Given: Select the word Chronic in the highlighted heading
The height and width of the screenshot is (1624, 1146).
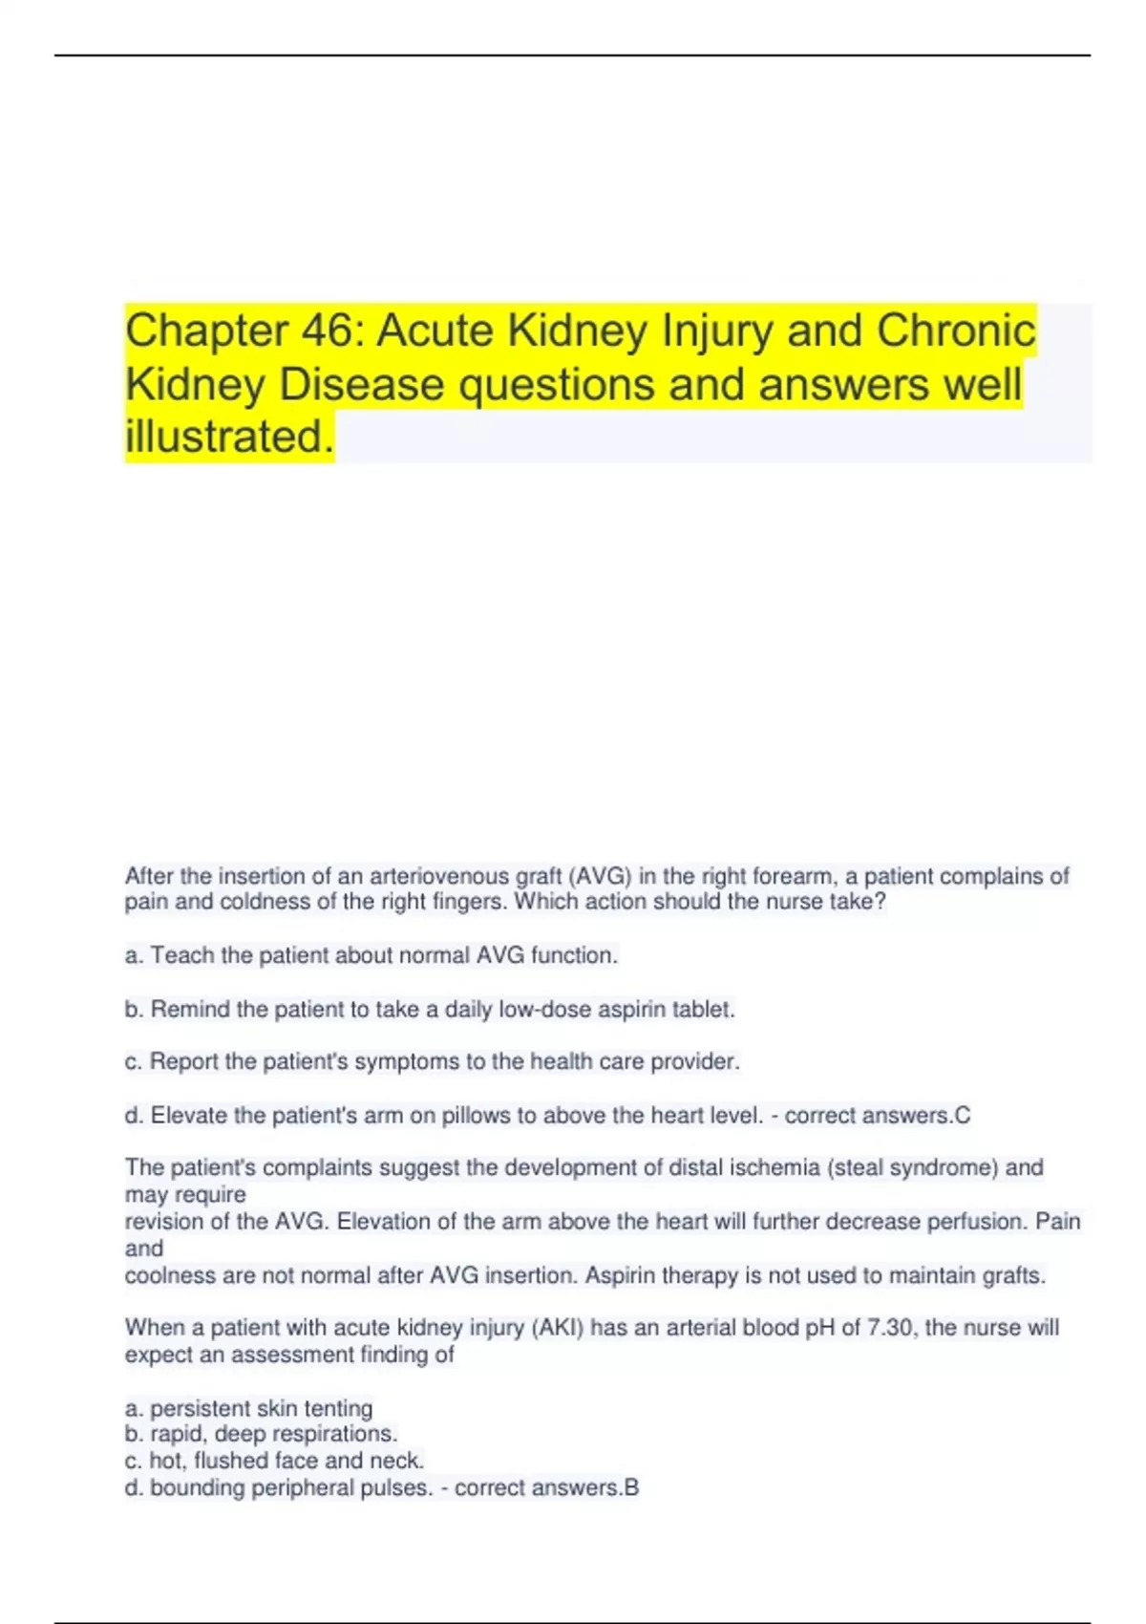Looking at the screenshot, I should coord(956,331).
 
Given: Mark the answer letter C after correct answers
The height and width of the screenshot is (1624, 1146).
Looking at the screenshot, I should coord(962,1115).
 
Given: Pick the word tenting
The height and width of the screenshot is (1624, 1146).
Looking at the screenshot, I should coord(338,1408).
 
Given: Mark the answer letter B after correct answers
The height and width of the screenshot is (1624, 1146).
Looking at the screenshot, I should coord(631,1487).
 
